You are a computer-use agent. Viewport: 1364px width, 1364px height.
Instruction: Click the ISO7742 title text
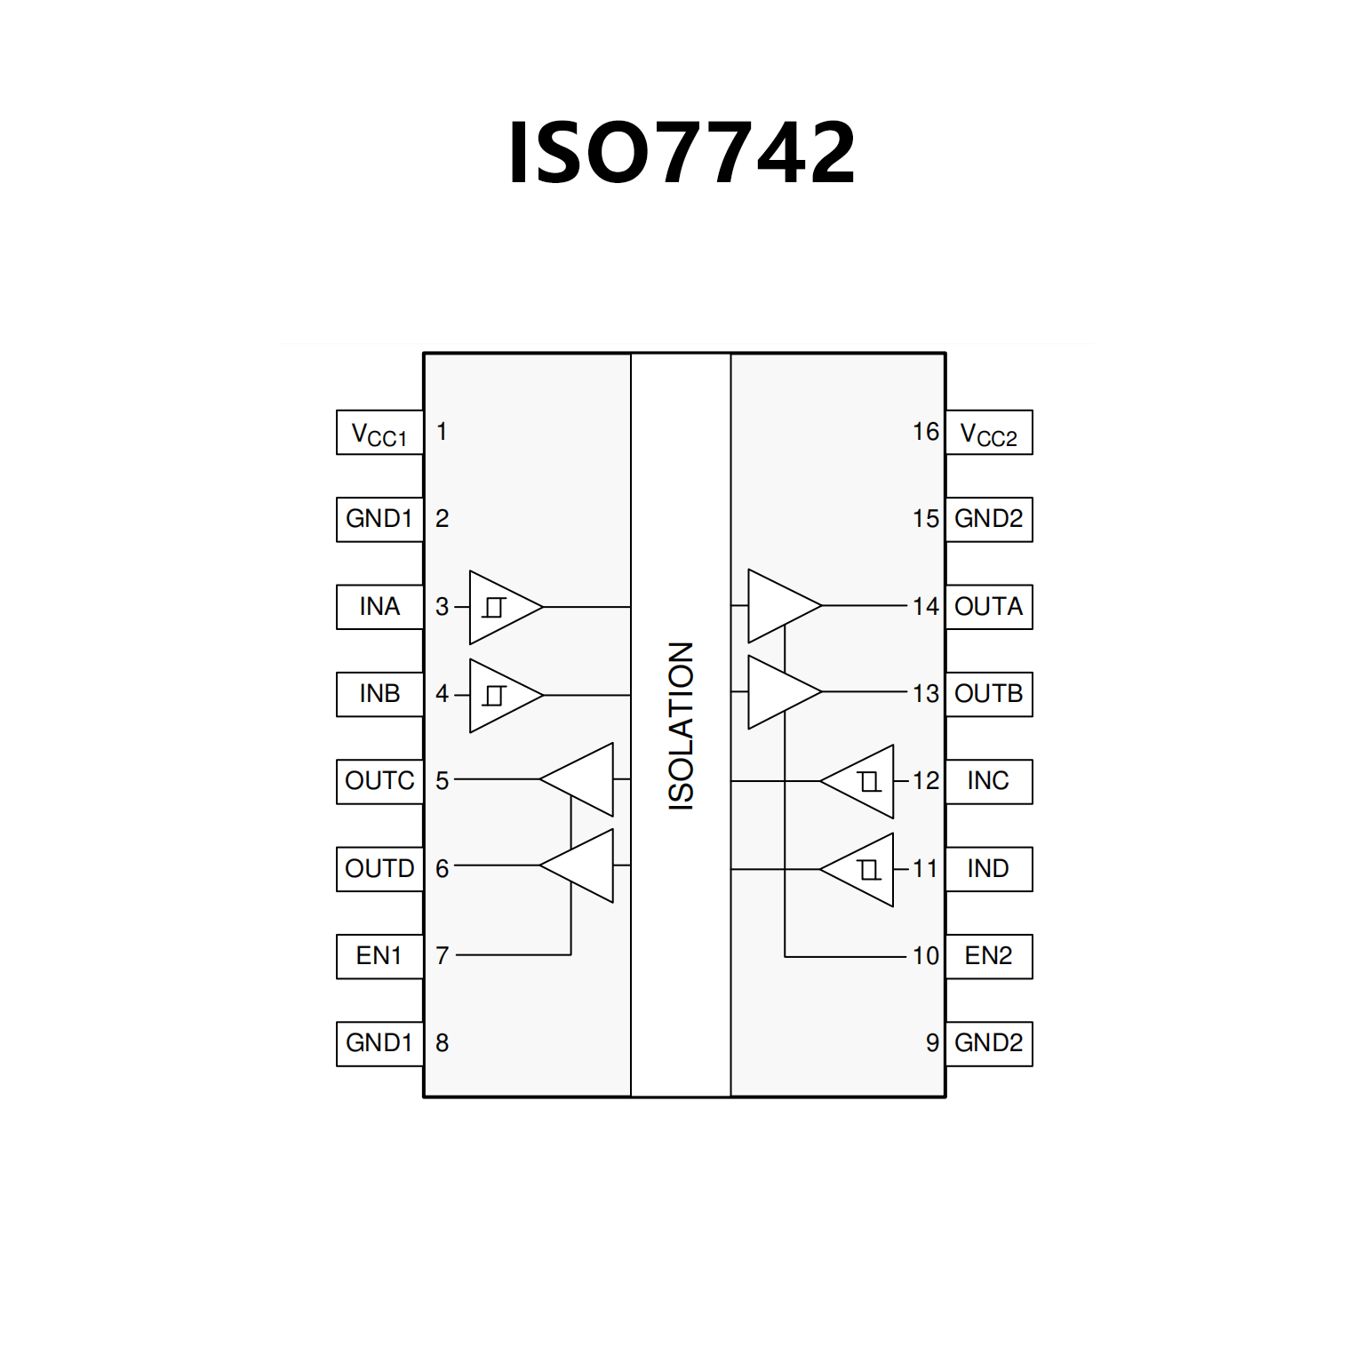coord(682,153)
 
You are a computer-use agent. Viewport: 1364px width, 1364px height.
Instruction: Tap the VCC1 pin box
coord(379,433)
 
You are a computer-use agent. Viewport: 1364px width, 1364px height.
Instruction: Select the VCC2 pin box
coord(989,433)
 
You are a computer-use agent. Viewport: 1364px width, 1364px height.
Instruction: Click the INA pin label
coord(379,607)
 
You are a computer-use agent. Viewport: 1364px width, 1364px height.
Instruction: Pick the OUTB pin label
coord(989,694)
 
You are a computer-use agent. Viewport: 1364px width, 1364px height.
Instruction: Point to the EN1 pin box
coord(379,956)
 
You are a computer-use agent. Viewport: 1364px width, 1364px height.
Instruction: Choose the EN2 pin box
coord(989,956)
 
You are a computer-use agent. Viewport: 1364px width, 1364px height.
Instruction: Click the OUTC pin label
coord(379,781)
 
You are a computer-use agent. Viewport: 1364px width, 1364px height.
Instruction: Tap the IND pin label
coord(988,869)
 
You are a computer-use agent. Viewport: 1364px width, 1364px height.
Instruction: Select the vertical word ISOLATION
coord(681,725)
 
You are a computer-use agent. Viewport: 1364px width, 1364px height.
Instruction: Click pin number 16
coord(925,432)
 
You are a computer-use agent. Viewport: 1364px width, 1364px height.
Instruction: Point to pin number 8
coord(442,1042)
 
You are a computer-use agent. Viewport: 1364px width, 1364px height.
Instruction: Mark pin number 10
coord(925,956)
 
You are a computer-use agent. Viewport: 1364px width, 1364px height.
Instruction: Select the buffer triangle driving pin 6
coord(583,865)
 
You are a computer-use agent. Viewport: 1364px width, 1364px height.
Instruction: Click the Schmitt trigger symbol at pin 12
coord(870,782)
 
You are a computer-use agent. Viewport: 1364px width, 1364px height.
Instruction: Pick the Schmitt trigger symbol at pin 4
coord(494,695)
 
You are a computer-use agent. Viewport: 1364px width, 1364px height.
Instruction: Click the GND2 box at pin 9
coord(989,1043)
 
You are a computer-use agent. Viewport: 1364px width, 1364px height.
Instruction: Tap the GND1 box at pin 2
coord(379,519)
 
